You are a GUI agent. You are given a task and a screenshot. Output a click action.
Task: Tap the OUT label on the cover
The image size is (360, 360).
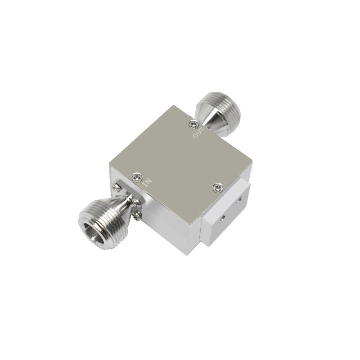(198, 133)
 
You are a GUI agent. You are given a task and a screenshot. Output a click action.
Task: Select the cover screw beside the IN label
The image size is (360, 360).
(137, 177)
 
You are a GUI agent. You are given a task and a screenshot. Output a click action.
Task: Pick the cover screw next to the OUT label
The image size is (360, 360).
(194, 125)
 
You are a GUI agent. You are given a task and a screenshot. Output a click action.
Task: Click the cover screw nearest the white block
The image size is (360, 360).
(218, 188)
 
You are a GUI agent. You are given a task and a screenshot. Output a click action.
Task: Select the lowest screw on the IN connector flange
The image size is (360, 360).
(137, 216)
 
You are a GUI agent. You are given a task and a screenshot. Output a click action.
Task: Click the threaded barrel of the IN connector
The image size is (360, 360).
(99, 224)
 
